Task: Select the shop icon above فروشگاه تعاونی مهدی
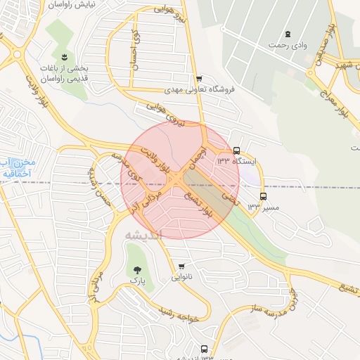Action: [x=200, y=79]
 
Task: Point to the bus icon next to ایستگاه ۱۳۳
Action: [x=236, y=150]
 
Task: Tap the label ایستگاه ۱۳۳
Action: [x=236, y=162]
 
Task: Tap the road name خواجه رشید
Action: [x=184, y=314]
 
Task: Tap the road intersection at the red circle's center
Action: [x=180, y=180]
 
